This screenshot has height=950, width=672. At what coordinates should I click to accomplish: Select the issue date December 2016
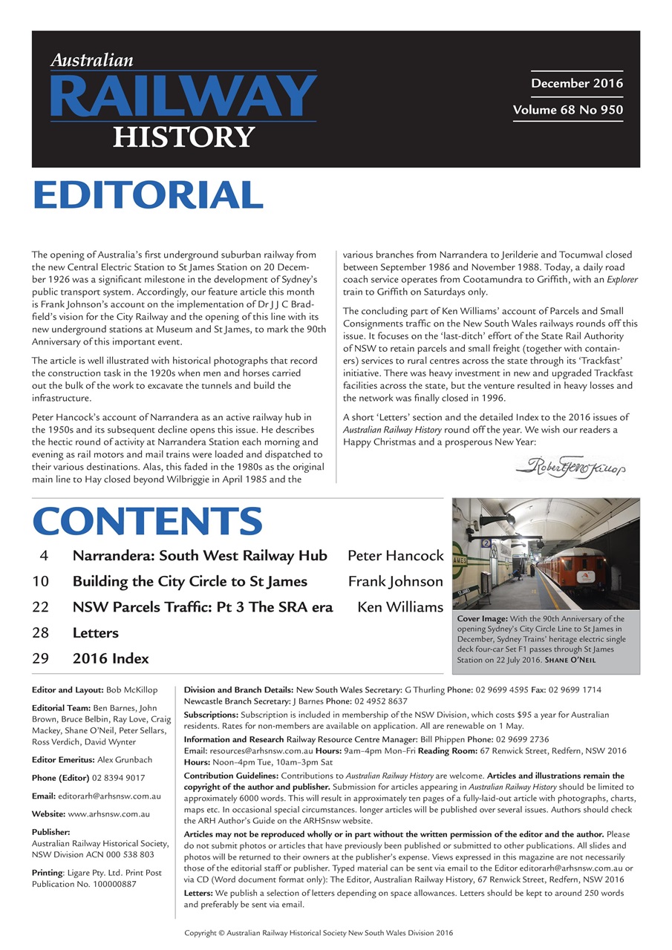577,83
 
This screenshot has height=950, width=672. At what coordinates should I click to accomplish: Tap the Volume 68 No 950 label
567,111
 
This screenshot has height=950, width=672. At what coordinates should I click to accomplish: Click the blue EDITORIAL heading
148,195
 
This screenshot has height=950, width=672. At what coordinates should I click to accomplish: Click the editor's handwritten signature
571,467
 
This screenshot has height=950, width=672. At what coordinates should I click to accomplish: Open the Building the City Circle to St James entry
189,582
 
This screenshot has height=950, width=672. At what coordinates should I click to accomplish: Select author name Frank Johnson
395,582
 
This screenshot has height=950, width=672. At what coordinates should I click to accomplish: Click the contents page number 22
41,607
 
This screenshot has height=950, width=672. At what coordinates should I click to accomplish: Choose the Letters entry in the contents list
95,633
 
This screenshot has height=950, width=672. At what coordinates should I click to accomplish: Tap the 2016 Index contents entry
111,658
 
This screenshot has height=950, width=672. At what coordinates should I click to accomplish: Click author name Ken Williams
400,607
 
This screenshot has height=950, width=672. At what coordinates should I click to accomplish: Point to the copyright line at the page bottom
319,933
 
